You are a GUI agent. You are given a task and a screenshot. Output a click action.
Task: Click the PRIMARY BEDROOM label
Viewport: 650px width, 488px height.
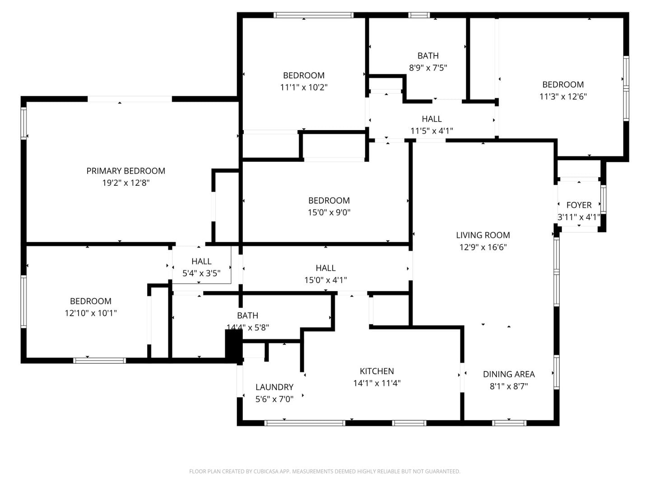[125, 171]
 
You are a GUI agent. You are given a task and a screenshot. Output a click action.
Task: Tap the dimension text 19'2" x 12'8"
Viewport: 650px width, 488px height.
[125, 183]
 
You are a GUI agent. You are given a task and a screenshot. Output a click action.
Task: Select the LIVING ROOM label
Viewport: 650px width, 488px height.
[483, 235]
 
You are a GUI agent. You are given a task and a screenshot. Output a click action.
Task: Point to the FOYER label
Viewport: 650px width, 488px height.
[579, 205]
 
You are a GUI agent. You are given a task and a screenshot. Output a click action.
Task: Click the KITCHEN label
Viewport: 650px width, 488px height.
[376, 371]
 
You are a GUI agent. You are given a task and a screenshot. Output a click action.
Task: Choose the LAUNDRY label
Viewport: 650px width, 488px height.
[274, 387]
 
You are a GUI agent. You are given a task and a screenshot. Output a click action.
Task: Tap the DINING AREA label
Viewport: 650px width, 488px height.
[509, 374]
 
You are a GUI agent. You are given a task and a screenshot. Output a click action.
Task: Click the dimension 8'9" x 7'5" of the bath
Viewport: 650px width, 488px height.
[428, 68]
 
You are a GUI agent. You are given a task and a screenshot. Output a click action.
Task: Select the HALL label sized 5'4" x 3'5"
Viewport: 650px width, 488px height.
[201, 261]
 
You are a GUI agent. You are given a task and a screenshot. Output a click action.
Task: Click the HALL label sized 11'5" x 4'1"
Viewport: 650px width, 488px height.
[432, 119]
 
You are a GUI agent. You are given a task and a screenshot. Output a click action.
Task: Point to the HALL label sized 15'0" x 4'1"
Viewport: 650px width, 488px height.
[325, 268]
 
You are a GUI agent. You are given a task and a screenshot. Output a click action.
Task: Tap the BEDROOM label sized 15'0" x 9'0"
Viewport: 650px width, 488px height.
[329, 200]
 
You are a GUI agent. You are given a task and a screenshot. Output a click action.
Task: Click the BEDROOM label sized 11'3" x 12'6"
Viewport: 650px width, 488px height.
[563, 84]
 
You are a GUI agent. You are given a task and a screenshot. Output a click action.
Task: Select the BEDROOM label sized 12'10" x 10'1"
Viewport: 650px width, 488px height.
[90, 301]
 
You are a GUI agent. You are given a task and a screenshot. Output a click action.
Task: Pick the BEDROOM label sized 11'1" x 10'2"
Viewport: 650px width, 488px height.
[303, 75]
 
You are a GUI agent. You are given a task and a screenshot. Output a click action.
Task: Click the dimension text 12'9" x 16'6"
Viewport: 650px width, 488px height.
[483, 247]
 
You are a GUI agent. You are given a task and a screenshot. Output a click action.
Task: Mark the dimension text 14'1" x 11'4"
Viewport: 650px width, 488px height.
[376, 383]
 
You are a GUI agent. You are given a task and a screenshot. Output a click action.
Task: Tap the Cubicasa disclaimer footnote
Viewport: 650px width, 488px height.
[325, 471]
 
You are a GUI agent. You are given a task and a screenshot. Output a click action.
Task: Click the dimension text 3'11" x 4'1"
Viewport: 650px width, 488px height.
[579, 217]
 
